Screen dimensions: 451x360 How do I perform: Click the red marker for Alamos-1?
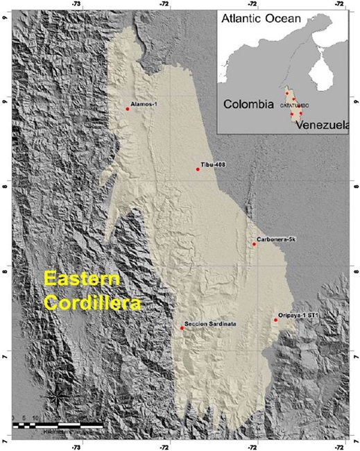(x=128, y=109)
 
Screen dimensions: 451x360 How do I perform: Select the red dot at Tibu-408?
(x=198, y=169)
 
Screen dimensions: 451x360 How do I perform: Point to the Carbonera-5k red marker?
(x=254, y=244)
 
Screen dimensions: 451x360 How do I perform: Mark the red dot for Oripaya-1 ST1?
(x=275, y=320)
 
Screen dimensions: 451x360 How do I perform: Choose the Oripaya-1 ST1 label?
(x=299, y=316)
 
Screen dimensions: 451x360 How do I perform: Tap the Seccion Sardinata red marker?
(x=182, y=328)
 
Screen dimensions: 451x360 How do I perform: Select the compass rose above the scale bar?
(x=55, y=397)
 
